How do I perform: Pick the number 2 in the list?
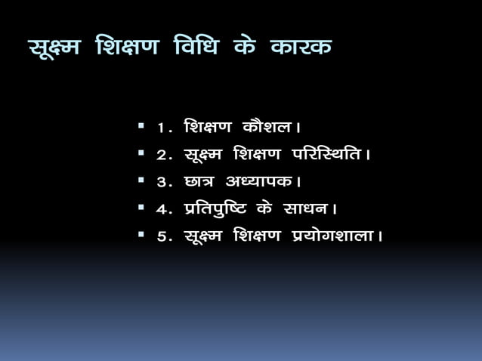coord(161,156)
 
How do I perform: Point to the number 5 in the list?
coord(161,236)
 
